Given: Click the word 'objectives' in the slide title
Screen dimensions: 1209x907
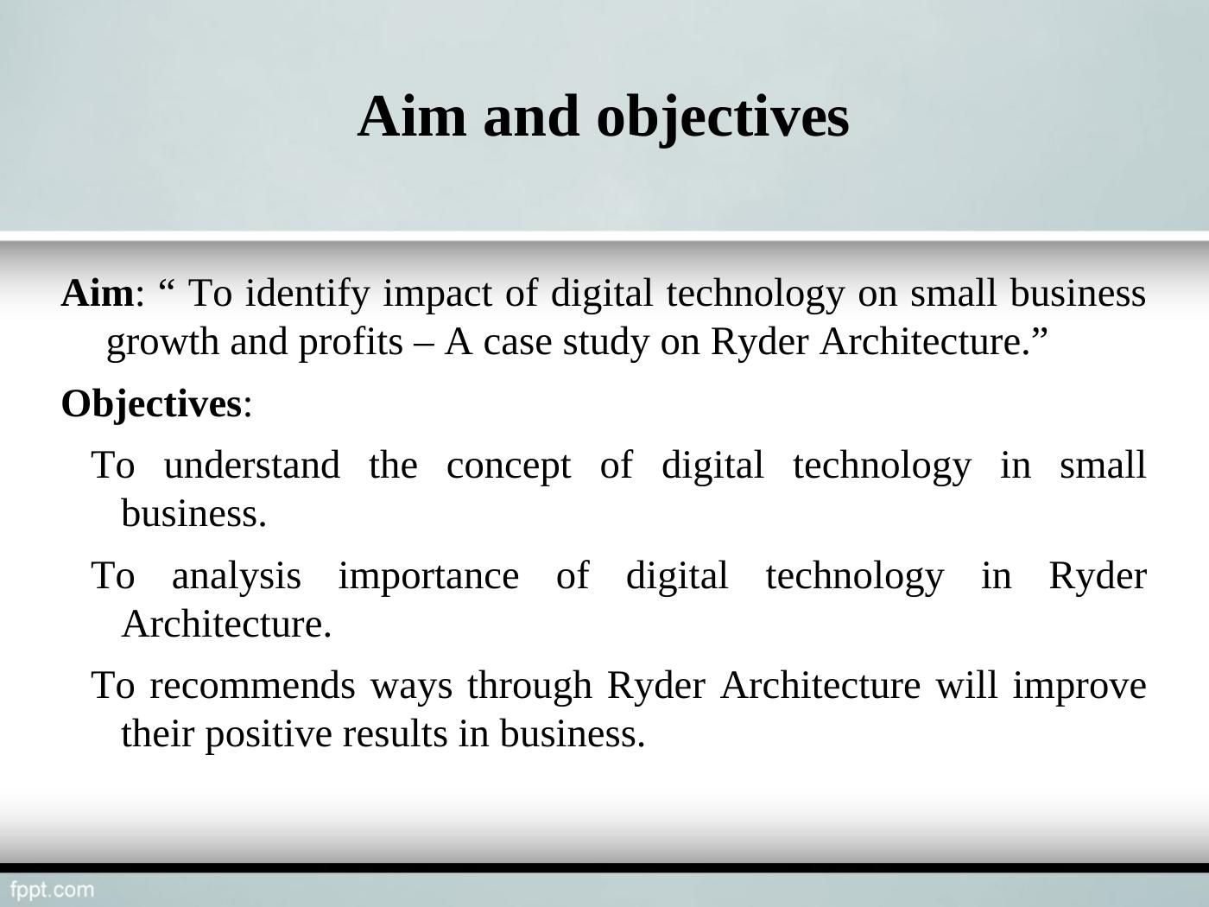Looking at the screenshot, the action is coord(723,119).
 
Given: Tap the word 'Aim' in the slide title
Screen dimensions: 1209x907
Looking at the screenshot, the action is coord(412,117).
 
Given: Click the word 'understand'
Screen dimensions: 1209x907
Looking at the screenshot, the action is coord(251,466).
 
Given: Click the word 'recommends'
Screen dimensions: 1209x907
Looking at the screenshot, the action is coord(252,686).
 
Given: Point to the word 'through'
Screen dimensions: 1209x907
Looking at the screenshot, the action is coord(529,686).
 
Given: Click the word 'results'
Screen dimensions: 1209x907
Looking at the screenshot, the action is coord(395,734).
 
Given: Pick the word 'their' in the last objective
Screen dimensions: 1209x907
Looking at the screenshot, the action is coord(157,733).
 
